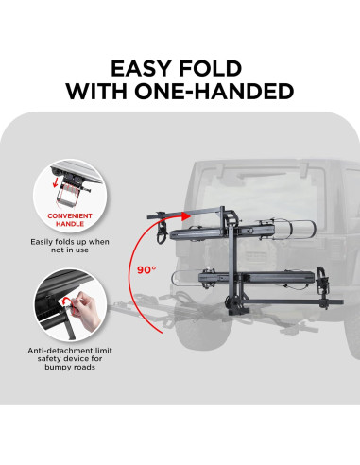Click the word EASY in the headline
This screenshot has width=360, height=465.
click(142, 68)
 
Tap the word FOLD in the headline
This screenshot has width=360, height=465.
click(210, 68)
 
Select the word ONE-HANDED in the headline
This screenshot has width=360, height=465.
click(214, 91)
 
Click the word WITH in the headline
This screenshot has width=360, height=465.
click(97, 91)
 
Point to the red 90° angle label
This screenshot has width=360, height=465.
click(146, 269)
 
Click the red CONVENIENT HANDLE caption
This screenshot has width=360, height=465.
click(70, 220)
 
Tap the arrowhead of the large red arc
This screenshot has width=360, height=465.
click(186, 215)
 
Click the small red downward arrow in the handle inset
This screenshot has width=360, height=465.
click(56, 181)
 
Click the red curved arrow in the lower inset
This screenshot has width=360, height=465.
click(68, 305)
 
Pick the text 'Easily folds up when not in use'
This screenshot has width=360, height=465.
click(70, 246)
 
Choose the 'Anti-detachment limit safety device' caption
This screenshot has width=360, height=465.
click(70, 358)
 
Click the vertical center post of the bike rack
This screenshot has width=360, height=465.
click(232, 262)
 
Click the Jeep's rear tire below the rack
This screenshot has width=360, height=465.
click(201, 331)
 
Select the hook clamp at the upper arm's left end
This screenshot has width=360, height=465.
click(162, 231)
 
